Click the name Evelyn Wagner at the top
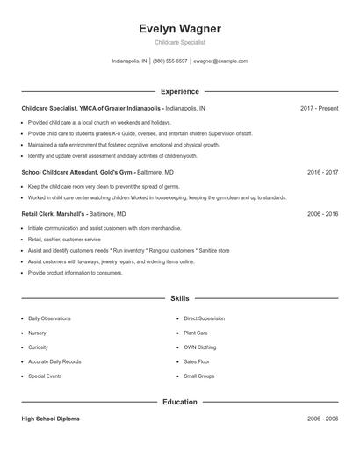coord(180,29)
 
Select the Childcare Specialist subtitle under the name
coord(180,43)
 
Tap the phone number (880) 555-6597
coord(170,61)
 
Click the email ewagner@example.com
coord(220,61)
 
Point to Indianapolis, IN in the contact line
coord(129,61)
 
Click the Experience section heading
coord(180,91)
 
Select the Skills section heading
coord(180,299)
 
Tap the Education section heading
coord(180,402)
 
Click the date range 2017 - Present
coord(319,108)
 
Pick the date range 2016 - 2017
coord(322,173)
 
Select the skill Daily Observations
coord(49,318)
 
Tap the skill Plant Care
coord(196,333)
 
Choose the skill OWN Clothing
coord(199,347)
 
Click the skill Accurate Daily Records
coord(54,361)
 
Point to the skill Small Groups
coord(198,376)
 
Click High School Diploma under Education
coord(50,419)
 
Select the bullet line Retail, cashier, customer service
coord(64,239)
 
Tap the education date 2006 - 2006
coord(322,419)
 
